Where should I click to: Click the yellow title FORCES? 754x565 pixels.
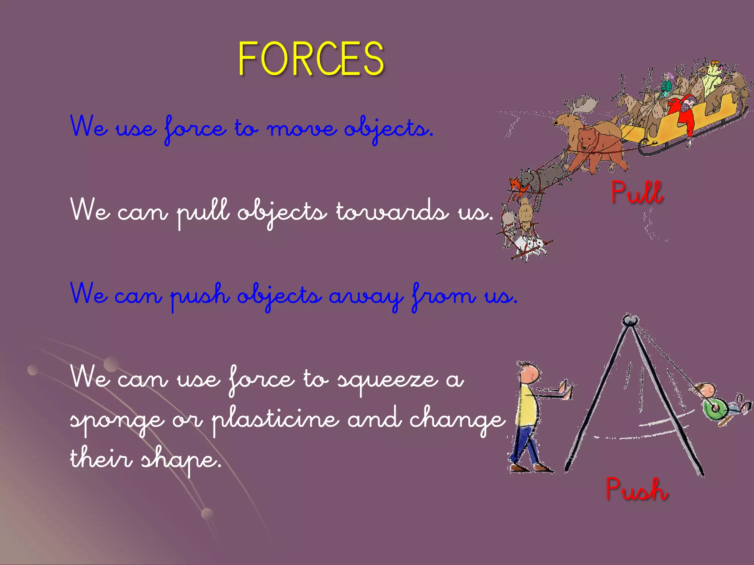(311, 59)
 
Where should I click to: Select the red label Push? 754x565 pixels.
(637, 489)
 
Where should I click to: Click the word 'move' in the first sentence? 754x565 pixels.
(301, 129)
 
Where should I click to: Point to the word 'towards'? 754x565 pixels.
(392, 212)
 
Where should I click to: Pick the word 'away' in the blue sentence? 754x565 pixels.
(366, 296)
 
